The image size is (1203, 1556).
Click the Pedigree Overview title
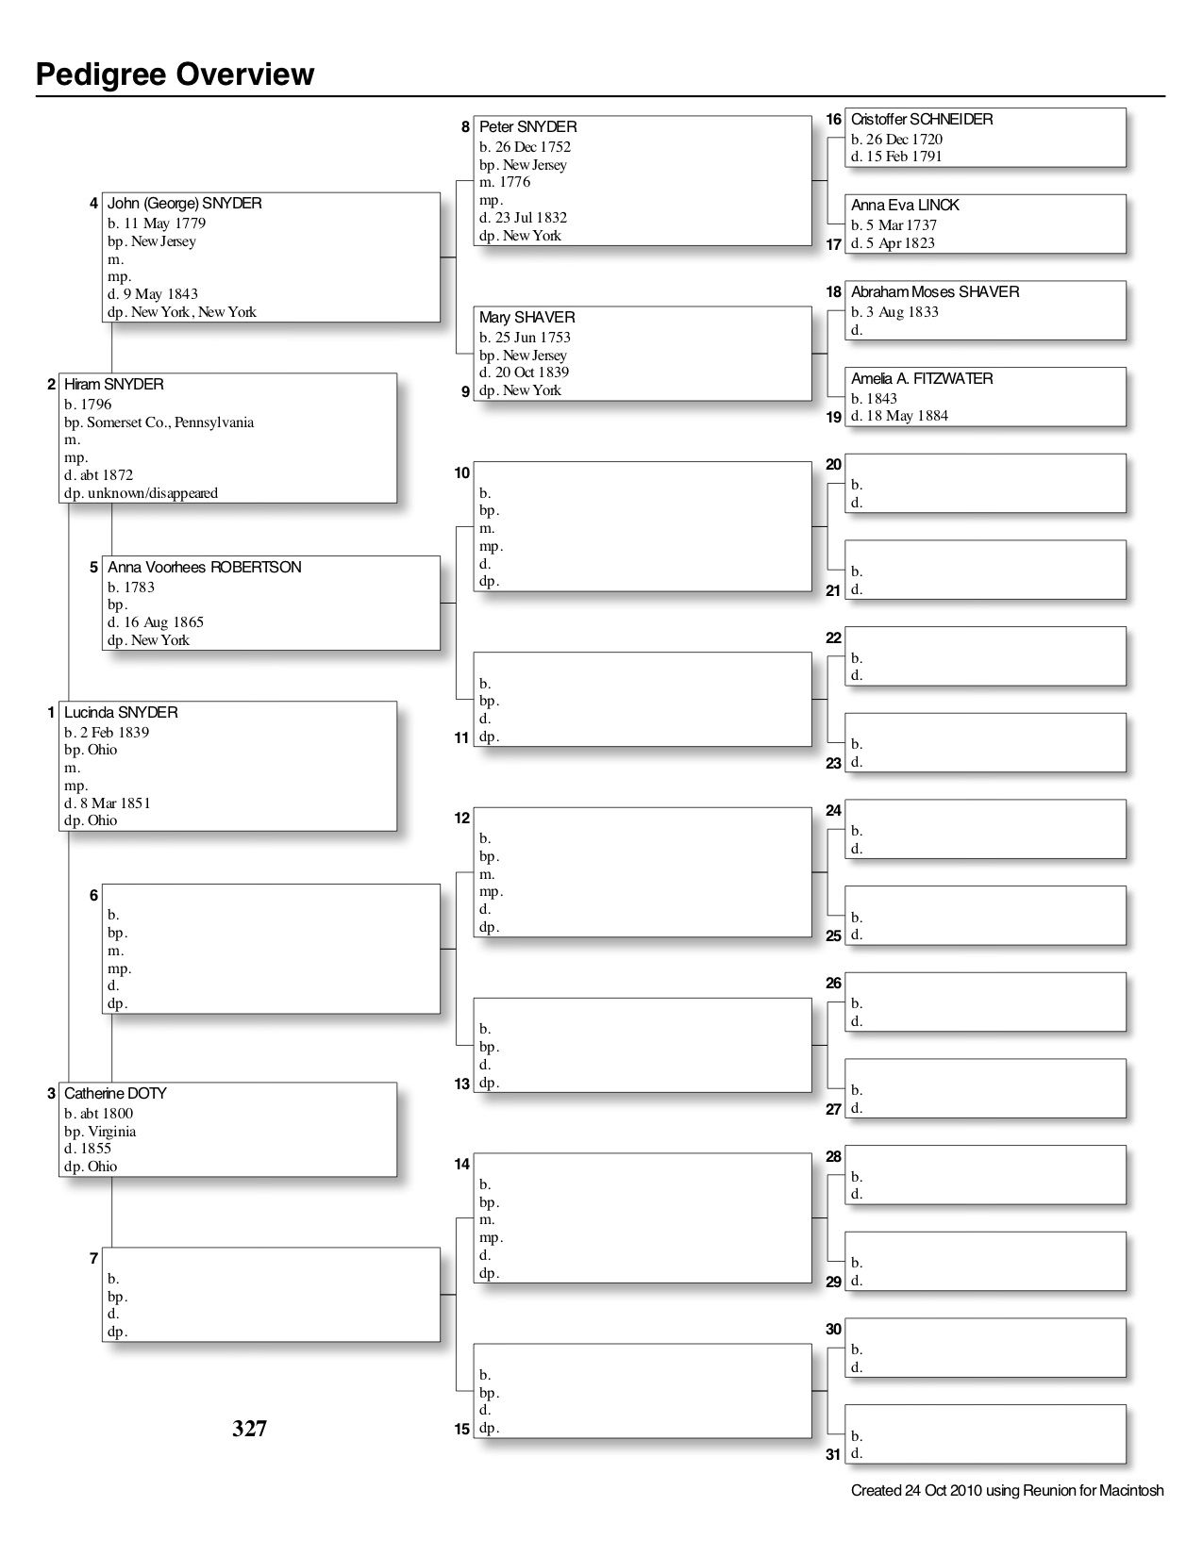(175, 74)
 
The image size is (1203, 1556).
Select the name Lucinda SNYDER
(121, 713)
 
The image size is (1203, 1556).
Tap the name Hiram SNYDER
(113, 385)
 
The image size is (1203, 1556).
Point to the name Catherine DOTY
(115, 1094)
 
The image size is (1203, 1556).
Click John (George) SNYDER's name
(184, 204)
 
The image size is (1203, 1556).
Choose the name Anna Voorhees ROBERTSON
(204, 568)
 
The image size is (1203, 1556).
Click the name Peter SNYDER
(527, 127)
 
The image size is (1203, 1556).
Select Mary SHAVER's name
(526, 318)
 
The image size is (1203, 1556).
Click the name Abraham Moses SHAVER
(934, 292)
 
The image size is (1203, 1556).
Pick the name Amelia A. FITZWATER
(921, 379)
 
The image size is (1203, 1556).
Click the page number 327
(250, 1430)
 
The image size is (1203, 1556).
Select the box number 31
(833, 1455)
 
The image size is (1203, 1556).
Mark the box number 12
(461, 819)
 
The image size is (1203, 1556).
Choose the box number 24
(833, 811)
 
